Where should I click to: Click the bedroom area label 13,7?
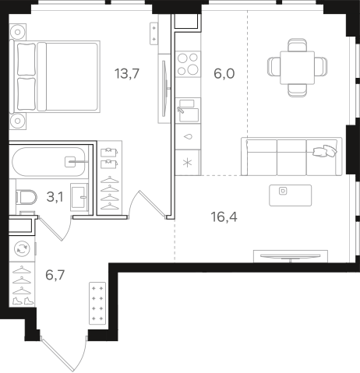click(x=127, y=73)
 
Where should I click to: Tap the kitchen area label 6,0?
click(x=224, y=73)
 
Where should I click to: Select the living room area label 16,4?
click(x=224, y=217)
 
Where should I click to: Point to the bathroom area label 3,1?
click(x=55, y=197)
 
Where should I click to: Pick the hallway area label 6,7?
click(x=55, y=275)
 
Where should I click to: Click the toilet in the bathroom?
click(x=26, y=197)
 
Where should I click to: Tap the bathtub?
click(x=49, y=162)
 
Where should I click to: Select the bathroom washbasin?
click(x=79, y=196)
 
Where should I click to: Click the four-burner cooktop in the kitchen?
click(x=188, y=64)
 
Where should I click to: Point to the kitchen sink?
click(x=188, y=111)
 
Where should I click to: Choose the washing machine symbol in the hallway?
click(x=22, y=249)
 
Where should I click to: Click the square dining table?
click(x=297, y=68)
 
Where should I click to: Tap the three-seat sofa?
click(x=291, y=157)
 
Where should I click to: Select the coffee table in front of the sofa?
click(x=290, y=195)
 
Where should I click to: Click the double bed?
click(x=55, y=77)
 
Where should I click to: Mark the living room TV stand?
click(x=291, y=256)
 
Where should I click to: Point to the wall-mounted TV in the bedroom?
click(x=164, y=89)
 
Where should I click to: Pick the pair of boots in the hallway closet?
click(x=23, y=301)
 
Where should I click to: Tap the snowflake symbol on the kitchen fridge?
click(x=188, y=163)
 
